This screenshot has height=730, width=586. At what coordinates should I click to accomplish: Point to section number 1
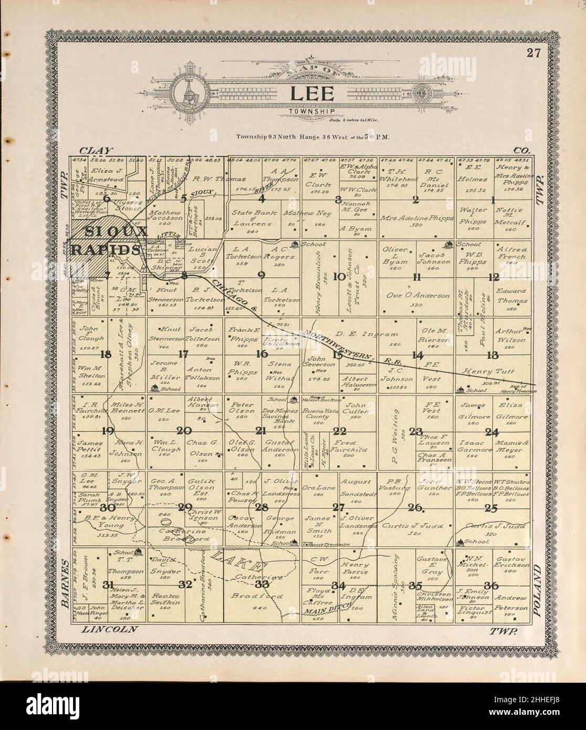tap(493, 199)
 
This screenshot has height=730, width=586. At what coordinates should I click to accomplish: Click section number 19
tap(108, 431)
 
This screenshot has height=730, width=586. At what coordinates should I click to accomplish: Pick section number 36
tap(492, 585)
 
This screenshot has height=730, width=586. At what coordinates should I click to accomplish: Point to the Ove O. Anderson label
tap(418, 296)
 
